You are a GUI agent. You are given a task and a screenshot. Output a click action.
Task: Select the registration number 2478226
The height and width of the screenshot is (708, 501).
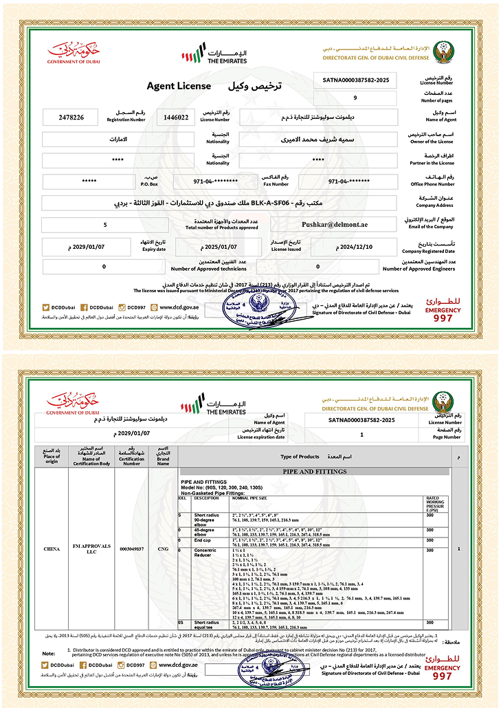pos(72,118)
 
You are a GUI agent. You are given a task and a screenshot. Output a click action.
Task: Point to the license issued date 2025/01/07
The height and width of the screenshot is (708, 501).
pos(218,247)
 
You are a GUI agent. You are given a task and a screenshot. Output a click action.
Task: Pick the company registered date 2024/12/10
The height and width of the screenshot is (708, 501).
pos(354,247)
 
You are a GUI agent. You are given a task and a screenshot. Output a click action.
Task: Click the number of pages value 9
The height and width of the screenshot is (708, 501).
pos(355,98)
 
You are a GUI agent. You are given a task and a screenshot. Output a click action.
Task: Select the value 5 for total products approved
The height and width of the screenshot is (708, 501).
pos(104,225)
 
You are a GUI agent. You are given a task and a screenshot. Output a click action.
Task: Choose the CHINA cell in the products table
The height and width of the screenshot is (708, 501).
pos(52,549)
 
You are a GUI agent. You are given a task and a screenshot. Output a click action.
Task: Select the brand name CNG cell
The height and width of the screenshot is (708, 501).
pos(164,549)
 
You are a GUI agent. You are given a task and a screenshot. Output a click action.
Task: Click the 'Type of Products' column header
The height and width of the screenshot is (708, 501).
pos(300,456)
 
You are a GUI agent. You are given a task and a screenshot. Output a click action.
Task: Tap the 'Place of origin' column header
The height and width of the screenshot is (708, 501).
pos(52,456)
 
